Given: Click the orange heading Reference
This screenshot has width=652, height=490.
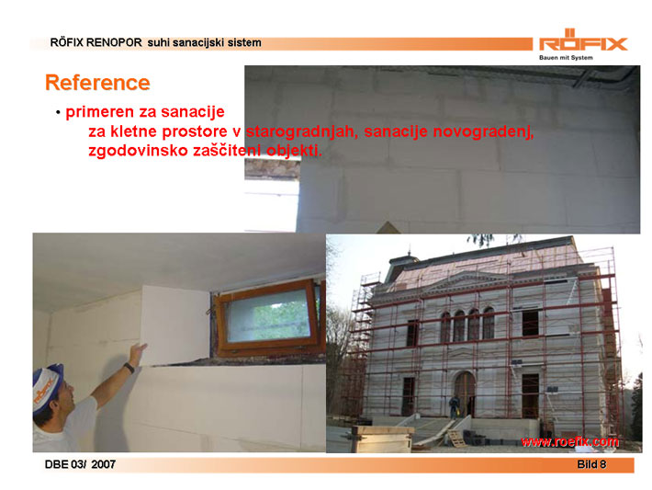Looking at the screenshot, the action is (97, 83).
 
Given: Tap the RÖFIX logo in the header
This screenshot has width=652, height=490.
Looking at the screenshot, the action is (583, 40).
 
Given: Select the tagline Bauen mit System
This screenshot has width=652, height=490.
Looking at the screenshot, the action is (566, 58).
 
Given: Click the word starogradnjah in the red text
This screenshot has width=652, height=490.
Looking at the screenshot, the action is (302, 131).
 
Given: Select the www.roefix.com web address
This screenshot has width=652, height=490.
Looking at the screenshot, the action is (569, 441).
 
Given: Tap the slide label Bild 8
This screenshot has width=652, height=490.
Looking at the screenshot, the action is (591, 464).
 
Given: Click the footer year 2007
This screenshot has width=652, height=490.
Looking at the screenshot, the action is (103, 464).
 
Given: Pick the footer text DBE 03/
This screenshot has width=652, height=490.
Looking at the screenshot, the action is (65, 464).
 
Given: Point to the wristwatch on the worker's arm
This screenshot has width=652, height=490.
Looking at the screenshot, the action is (129, 368).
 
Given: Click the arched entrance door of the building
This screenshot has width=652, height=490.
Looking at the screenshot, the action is (465, 393).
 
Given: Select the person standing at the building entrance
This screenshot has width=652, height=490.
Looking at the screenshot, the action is (454, 407).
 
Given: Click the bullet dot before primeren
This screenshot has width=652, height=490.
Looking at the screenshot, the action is (58, 113).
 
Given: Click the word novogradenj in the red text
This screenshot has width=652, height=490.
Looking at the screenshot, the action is (483, 131).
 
